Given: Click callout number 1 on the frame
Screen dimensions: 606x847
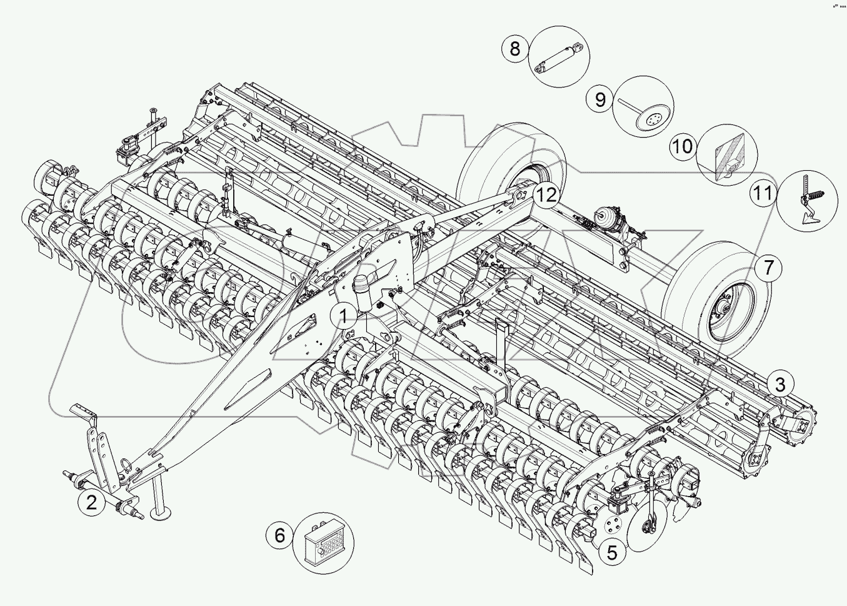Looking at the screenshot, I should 344,316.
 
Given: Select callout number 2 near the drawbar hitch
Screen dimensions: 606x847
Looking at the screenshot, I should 92,502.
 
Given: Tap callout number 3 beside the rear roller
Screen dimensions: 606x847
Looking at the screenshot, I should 780,385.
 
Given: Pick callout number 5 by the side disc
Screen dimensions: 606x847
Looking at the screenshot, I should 611,552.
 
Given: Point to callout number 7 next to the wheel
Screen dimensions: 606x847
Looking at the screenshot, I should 768,268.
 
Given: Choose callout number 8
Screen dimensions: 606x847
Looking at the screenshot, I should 515,48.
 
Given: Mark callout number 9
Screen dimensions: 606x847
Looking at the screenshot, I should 600,99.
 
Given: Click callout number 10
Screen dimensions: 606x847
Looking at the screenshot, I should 683,146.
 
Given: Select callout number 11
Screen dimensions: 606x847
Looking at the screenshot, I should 763,193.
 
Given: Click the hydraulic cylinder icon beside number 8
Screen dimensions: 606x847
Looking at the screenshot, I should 560,56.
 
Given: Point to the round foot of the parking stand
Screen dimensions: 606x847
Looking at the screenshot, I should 161,514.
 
